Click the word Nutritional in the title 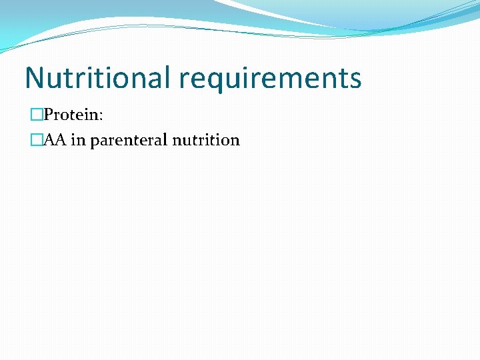click(98, 78)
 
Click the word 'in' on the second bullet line click(79, 140)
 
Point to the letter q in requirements click(217, 81)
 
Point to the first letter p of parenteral click(94, 142)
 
